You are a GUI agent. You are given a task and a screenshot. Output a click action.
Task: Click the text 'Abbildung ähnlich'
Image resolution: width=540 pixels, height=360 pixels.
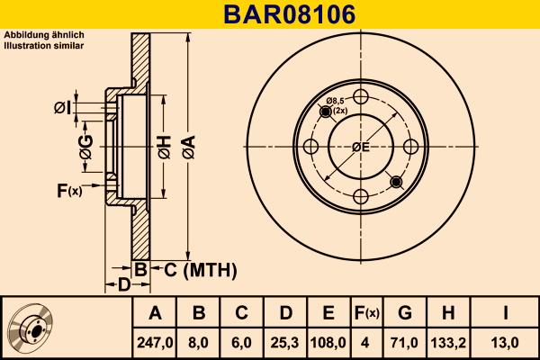[44, 34]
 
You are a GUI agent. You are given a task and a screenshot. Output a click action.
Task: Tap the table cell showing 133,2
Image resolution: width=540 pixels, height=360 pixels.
[448, 342]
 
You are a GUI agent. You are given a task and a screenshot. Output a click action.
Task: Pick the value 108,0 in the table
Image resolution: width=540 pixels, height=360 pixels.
[328, 342]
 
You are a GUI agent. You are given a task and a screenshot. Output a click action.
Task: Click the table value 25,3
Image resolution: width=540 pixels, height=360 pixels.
[283, 342]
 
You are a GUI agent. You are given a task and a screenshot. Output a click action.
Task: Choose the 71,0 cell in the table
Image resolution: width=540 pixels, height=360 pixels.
[404, 342]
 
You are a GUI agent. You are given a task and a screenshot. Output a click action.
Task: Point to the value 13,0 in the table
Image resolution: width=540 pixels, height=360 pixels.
[505, 342]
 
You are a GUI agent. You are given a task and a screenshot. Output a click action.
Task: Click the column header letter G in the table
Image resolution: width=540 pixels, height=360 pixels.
[404, 313]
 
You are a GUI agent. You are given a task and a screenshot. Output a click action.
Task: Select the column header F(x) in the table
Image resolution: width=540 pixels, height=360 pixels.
[365, 313]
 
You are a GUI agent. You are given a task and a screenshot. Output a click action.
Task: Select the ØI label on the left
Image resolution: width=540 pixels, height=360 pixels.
[61, 108]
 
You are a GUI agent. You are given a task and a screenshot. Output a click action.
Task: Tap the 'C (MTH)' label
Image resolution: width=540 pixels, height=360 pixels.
[200, 269]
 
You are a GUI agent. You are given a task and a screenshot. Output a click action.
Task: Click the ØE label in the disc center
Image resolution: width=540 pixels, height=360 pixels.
[360, 148]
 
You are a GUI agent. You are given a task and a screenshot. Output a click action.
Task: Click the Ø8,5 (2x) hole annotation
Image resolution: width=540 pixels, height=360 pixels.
[337, 104]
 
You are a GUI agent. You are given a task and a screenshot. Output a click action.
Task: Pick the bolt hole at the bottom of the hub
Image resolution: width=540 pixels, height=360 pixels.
[361, 197]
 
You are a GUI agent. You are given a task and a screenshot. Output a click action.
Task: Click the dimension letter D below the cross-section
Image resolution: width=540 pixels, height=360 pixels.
[125, 285]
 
